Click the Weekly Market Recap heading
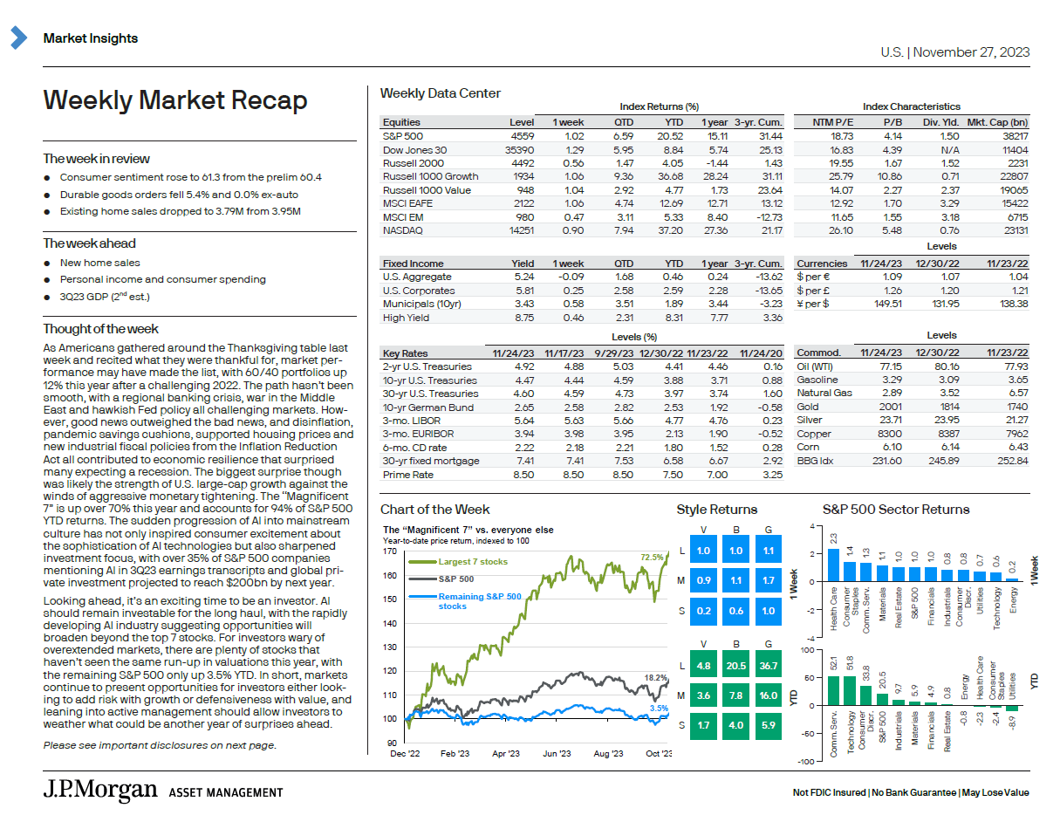pos(175,101)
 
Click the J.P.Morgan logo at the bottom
pos(100,791)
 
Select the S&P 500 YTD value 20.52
pos(673,137)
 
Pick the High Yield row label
pos(406,318)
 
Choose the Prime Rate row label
pos(407,476)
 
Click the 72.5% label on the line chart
pos(652,556)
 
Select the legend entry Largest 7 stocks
pos(472,563)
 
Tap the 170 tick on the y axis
pos(390,551)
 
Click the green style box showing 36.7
pos(769,666)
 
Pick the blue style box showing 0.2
pos(703,612)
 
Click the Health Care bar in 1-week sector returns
pos(833,565)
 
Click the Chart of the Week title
pos(434,510)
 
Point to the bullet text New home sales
pos(99,263)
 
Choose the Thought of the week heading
pos(101,329)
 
